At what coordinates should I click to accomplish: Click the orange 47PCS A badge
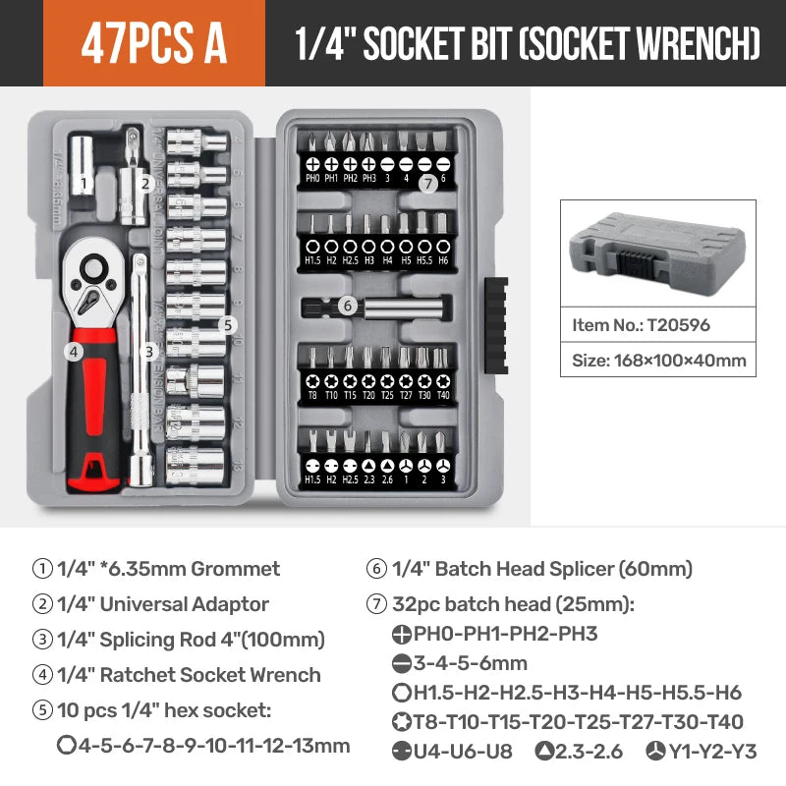(x=154, y=43)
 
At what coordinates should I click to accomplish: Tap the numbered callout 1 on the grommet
(x=84, y=182)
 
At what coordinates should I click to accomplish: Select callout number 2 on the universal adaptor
(x=144, y=182)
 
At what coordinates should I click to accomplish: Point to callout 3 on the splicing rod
(x=149, y=351)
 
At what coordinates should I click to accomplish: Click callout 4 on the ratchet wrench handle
(x=73, y=350)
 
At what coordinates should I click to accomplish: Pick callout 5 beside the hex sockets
(x=227, y=324)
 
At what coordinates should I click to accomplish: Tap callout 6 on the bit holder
(x=347, y=306)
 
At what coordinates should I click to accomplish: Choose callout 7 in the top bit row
(x=426, y=183)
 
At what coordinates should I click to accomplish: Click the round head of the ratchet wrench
(x=95, y=267)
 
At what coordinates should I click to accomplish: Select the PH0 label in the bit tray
(x=312, y=179)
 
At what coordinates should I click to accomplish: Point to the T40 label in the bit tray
(x=443, y=395)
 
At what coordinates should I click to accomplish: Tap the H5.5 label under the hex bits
(x=424, y=260)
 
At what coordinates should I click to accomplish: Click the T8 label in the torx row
(x=312, y=395)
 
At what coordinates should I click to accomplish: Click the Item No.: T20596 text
(x=641, y=324)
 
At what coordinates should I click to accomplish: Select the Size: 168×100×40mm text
(x=658, y=361)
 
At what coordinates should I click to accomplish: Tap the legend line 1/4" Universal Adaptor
(x=162, y=604)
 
